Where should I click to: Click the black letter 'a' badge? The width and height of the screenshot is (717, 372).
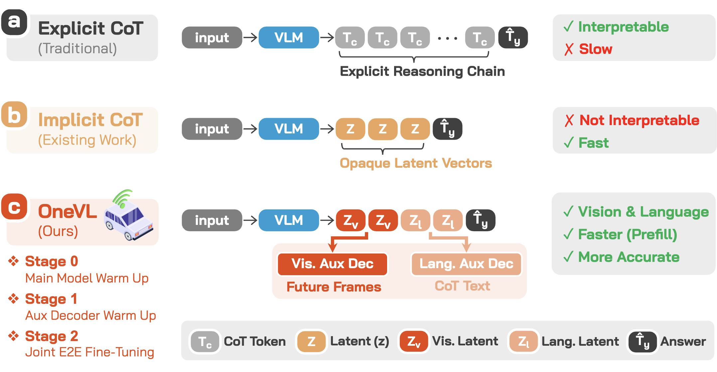point(14,22)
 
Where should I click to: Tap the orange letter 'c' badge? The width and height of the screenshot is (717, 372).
point(14,207)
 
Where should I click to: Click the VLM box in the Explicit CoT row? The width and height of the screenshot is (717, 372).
point(288,38)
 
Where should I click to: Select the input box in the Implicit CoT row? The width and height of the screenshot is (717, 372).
point(212,129)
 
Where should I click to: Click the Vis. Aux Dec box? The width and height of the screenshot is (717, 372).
point(332,264)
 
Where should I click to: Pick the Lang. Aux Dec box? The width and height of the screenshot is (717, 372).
point(466,264)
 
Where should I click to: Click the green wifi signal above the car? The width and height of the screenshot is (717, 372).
point(122,197)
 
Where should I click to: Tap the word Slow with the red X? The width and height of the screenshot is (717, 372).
point(595,49)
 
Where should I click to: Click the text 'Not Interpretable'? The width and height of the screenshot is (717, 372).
point(639,120)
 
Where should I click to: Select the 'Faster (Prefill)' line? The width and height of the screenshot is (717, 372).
point(627,235)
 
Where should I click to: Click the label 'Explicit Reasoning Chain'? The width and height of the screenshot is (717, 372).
point(422,72)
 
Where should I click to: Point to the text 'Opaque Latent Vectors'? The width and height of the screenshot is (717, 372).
point(416,163)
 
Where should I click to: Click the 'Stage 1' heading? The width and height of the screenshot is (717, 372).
point(51,299)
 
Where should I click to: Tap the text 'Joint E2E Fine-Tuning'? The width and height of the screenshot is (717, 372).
point(90,352)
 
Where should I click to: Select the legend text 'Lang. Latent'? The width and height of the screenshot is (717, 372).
point(580,341)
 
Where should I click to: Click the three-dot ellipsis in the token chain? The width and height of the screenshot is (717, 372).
point(447,39)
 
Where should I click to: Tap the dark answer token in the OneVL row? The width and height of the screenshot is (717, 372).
point(481,220)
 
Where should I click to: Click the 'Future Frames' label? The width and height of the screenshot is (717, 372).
point(334,287)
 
